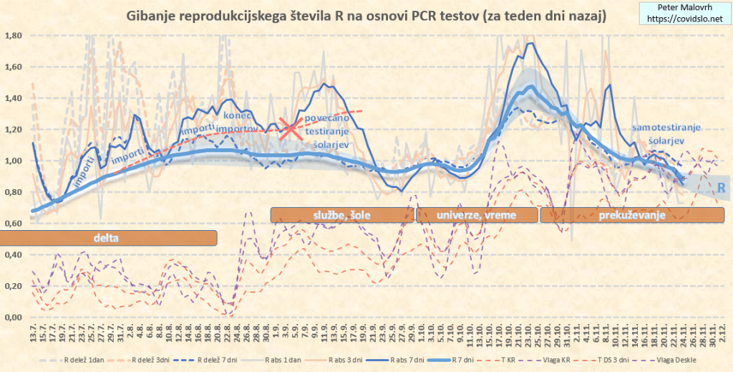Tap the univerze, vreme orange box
tap(477, 214)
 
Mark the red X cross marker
tap(290, 129)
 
